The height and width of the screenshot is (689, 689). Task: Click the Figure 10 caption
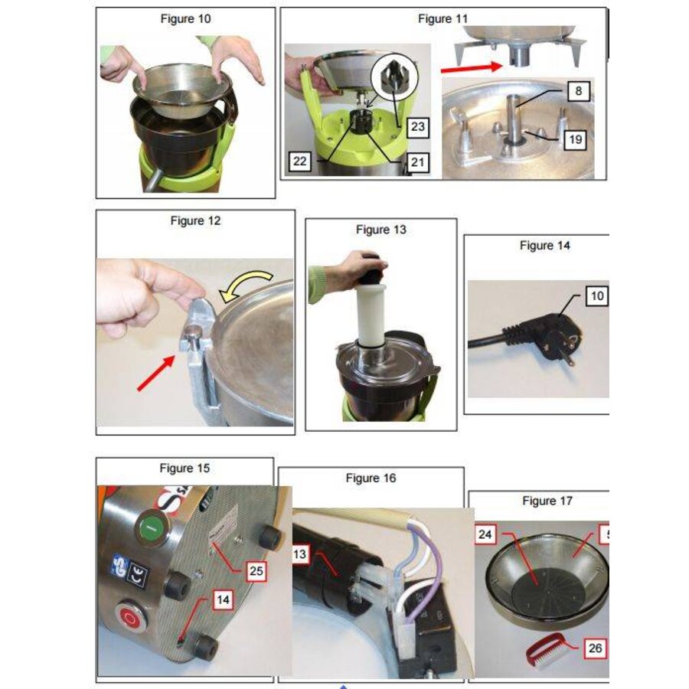coord(185,19)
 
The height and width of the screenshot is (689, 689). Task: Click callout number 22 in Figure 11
coord(300,162)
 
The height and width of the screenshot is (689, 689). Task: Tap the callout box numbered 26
coord(595,648)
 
